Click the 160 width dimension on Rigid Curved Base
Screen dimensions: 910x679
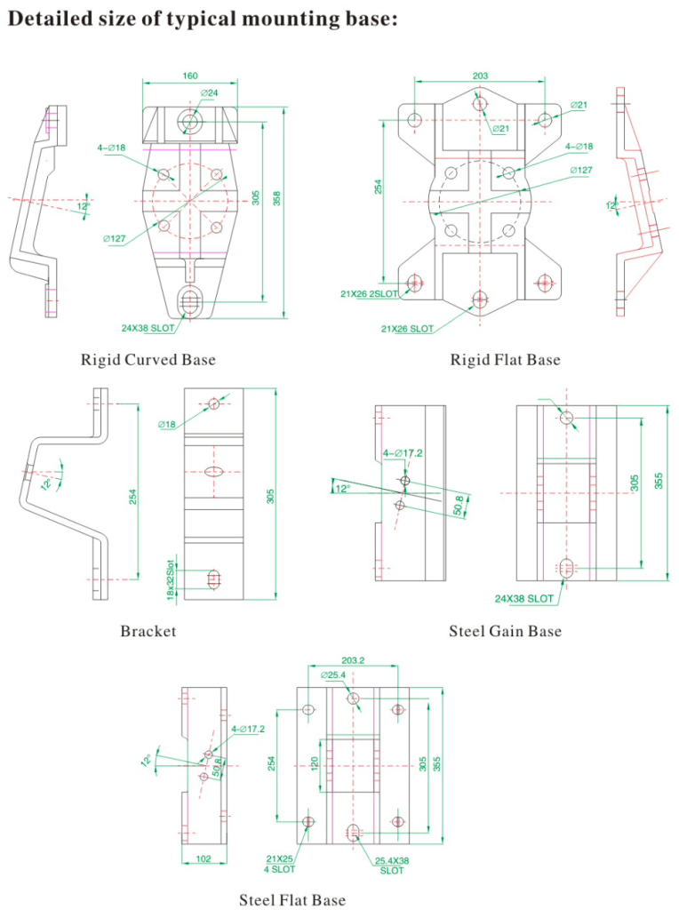click(x=190, y=76)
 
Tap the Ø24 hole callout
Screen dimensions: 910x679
click(x=211, y=92)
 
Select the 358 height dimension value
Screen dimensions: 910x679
click(x=277, y=199)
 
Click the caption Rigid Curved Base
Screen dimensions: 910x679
click(x=148, y=360)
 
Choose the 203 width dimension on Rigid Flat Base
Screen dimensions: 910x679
click(x=480, y=76)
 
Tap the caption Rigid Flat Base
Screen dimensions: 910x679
click(x=506, y=360)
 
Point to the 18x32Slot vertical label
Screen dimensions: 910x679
click(x=170, y=579)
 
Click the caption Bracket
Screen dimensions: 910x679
click(x=148, y=632)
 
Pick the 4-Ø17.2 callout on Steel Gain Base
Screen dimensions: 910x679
click(x=403, y=453)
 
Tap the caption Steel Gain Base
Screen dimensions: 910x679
click(x=505, y=632)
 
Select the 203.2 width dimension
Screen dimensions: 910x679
click(x=353, y=660)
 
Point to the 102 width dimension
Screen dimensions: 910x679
click(x=203, y=859)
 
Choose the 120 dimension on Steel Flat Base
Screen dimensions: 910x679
click(x=314, y=764)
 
